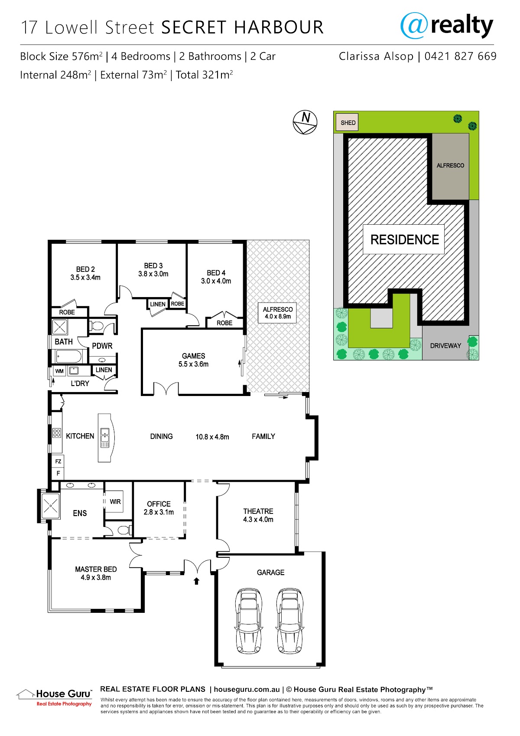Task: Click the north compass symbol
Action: (x=305, y=122)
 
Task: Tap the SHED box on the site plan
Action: (x=347, y=123)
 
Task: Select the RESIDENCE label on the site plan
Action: (x=404, y=239)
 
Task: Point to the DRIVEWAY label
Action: (x=445, y=346)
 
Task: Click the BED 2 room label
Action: (x=85, y=269)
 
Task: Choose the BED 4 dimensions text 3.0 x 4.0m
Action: (x=216, y=281)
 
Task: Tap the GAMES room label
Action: (x=193, y=356)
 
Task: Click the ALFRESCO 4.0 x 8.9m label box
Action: (x=277, y=313)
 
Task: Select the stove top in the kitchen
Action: (x=56, y=433)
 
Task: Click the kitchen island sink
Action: (x=105, y=438)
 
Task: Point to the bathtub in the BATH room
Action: (x=68, y=356)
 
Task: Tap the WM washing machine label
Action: (x=59, y=371)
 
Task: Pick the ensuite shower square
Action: (x=51, y=506)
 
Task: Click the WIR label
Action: (x=115, y=502)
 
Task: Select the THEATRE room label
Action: (x=258, y=511)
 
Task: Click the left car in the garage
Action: (x=249, y=621)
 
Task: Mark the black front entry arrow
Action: (x=196, y=581)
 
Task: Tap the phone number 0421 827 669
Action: (x=460, y=56)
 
